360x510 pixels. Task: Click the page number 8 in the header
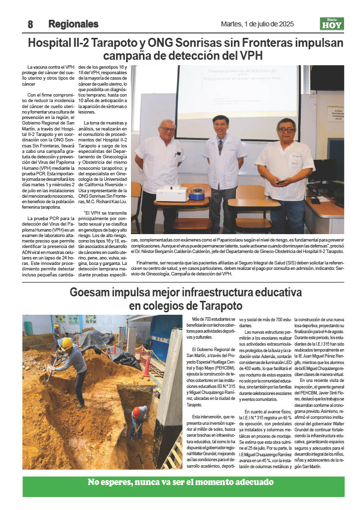[x=30, y=24]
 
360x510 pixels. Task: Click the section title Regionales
[x=73, y=24]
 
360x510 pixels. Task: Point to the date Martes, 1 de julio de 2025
[x=257, y=24]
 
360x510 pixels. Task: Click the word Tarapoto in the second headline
[x=217, y=305]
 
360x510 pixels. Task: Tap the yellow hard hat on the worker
[x=66, y=343]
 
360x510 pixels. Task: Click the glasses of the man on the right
[x=286, y=130]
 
